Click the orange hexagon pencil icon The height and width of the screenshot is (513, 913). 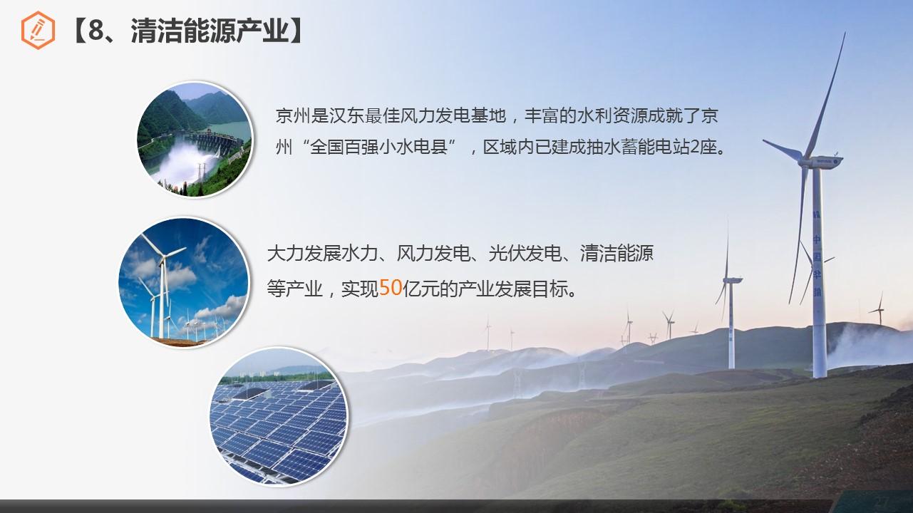click(x=38, y=30)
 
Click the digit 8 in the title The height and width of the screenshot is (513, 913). click(x=96, y=30)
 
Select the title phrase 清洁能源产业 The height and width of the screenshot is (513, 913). click(x=210, y=31)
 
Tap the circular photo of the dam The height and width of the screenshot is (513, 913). click(x=195, y=140)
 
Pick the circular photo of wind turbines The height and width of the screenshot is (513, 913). click(x=183, y=282)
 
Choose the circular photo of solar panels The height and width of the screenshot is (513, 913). click(x=279, y=416)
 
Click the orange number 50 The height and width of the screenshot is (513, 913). click(x=391, y=287)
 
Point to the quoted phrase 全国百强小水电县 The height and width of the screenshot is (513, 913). click(x=379, y=147)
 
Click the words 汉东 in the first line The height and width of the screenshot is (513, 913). click(x=346, y=116)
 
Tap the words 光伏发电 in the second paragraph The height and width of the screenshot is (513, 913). click(x=525, y=253)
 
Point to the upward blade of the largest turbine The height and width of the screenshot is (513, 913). click(x=825, y=95)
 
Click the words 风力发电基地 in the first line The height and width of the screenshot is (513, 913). click(x=453, y=116)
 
